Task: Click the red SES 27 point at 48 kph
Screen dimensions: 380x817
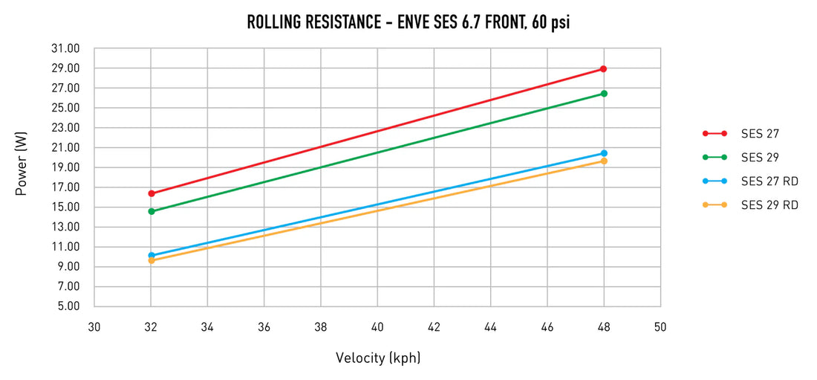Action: pyautogui.click(x=603, y=69)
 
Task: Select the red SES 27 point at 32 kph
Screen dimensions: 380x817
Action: pyautogui.click(x=152, y=193)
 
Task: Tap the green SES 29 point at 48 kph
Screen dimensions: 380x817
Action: pyautogui.click(x=604, y=94)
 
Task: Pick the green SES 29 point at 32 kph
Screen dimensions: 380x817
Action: pyautogui.click(x=152, y=211)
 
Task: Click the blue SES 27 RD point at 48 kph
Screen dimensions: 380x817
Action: pyautogui.click(x=604, y=153)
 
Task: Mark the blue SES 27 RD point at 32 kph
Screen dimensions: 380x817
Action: pyautogui.click(x=152, y=255)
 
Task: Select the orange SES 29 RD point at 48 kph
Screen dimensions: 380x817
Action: pyautogui.click(x=604, y=161)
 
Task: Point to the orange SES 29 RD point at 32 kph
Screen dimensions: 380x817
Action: pyautogui.click(x=152, y=261)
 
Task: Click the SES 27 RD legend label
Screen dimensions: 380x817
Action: pyautogui.click(x=769, y=181)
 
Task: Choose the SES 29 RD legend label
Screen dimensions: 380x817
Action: pyautogui.click(x=769, y=205)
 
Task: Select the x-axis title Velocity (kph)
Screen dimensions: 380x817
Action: pyautogui.click(x=377, y=358)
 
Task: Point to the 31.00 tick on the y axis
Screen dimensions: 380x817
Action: pyautogui.click(x=65, y=48)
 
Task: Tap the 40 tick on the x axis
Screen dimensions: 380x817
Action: pyautogui.click(x=377, y=327)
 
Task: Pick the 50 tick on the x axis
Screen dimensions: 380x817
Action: pyautogui.click(x=660, y=327)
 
